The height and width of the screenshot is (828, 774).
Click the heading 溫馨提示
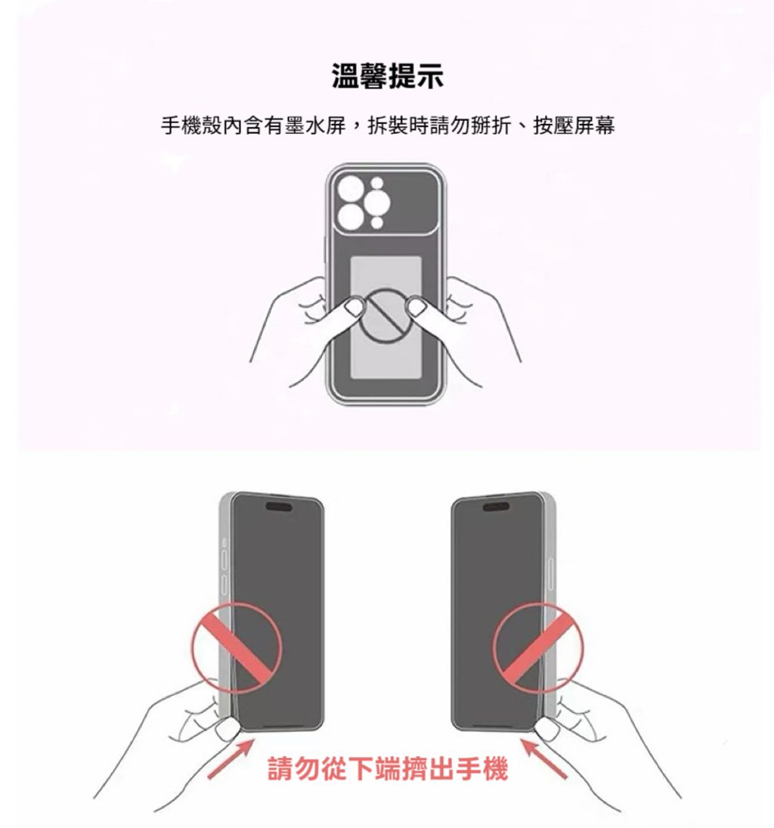pyautogui.click(x=388, y=76)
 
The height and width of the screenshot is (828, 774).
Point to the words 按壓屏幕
pyautogui.click(x=574, y=126)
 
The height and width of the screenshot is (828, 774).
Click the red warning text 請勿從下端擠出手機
pyautogui.click(x=388, y=768)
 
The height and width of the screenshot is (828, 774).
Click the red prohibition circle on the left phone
pyautogui.click(x=236, y=647)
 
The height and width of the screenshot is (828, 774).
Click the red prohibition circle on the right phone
pyautogui.click(x=538, y=647)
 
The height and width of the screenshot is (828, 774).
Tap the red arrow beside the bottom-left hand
pyautogui.click(x=231, y=758)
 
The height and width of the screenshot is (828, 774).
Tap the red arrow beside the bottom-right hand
pyautogui.click(x=544, y=758)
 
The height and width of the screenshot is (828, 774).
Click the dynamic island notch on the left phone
pyautogui.click(x=279, y=507)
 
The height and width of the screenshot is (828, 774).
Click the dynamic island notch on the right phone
pyautogui.click(x=496, y=507)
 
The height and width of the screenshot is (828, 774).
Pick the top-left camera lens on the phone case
pyautogui.click(x=351, y=188)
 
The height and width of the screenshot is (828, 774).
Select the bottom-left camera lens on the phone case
pyautogui.click(x=351, y=216)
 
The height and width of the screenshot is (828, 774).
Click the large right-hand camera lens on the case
pyautogui.click(x=377, y=203)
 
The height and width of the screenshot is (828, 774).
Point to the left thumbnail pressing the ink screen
pyautogui.click(x=352, y=307)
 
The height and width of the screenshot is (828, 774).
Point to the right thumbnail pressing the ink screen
pyautogui.click(x=418, y=307)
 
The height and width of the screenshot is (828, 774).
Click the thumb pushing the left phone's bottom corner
pyautogui.click(x=227, y=731)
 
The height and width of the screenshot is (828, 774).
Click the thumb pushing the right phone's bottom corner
pyautogui.click(x=547, y=731)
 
